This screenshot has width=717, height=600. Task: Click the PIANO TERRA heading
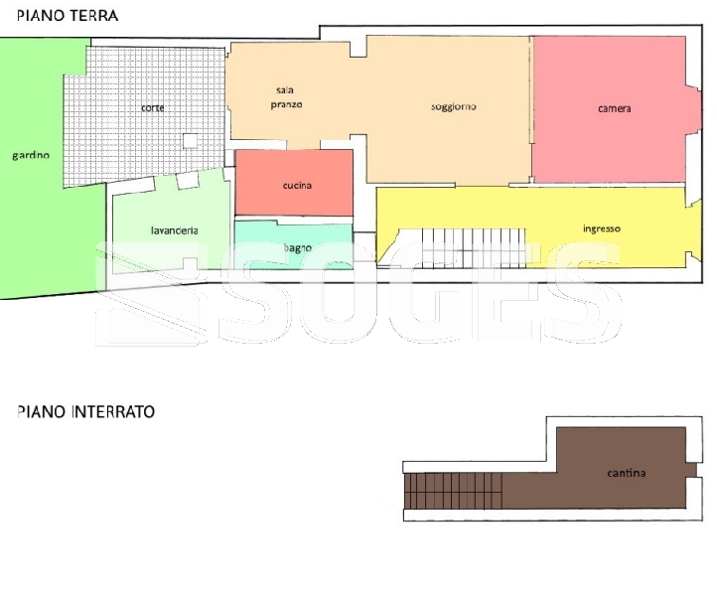tap(68, 16)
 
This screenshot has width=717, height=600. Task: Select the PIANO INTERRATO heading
tap(86, 411)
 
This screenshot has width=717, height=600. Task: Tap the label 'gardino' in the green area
tap(31, 156)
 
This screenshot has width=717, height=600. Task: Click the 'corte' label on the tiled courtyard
tap(153, 108)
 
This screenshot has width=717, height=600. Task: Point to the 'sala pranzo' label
tap(286, 97)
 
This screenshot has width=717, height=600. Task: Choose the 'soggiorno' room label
tap(454, 106)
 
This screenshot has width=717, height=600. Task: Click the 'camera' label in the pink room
tap(614, 109)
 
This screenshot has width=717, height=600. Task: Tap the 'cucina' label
tap(297, 185)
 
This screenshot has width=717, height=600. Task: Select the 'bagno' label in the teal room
tap(298, 248)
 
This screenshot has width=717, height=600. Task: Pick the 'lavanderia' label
tap(175, 230)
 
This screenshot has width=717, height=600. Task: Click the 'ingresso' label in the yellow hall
tap(602, 228)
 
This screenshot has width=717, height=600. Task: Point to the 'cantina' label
tap(627, 473)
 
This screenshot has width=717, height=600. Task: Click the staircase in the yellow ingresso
tap(462, 248)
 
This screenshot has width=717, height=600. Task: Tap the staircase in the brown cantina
tap(453, 491)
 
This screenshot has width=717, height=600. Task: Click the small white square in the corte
tap(191, 141)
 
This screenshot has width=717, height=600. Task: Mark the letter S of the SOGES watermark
tap(254, 293)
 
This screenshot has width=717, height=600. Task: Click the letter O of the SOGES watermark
tap(340, 293)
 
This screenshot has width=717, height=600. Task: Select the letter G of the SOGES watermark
tap(428, 293)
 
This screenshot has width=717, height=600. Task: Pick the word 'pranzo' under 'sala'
tap(286, 104)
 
